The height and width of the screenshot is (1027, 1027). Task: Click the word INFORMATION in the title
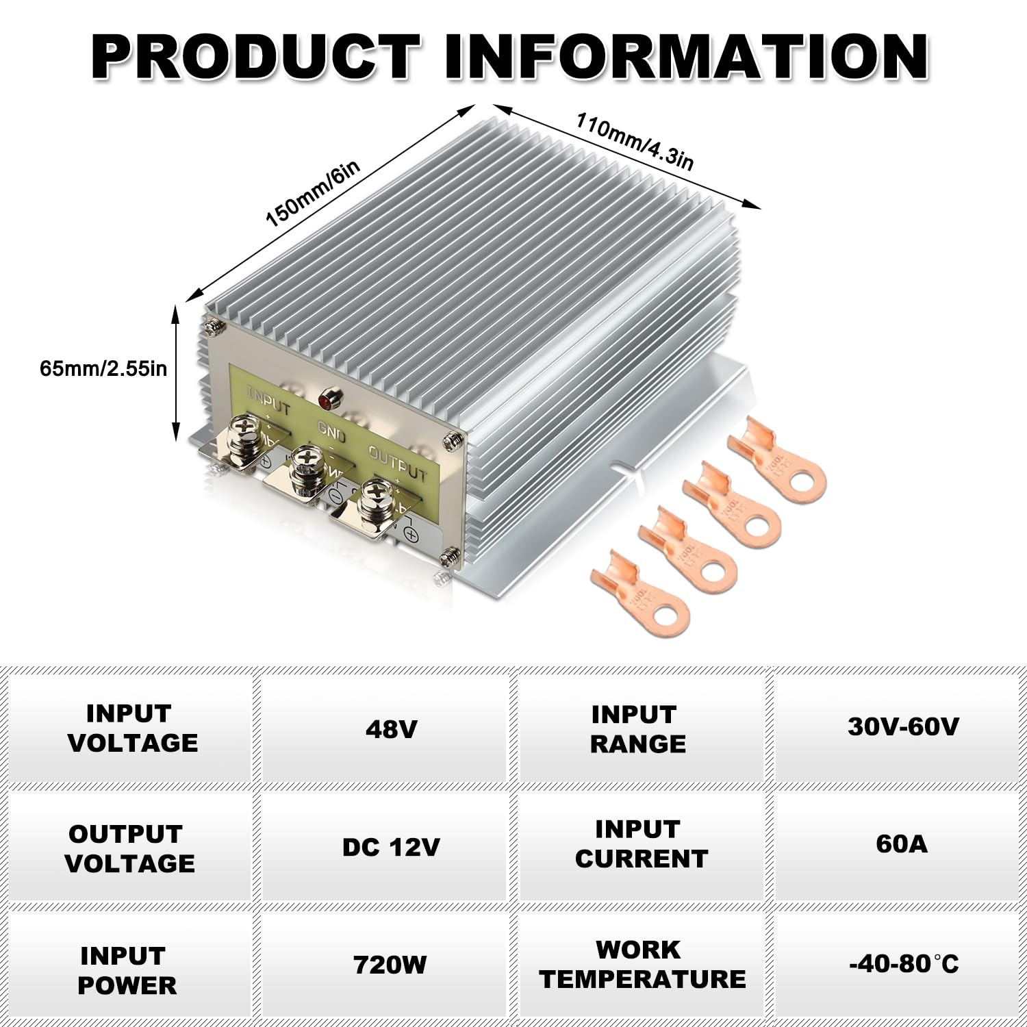click(687, 57)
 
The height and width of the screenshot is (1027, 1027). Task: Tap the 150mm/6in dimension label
click(312, 194)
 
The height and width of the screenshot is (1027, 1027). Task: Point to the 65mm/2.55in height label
click(103, 368)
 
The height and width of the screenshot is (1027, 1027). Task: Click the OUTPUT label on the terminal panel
click(397, 463)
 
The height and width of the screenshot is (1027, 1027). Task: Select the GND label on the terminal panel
click(331, 433)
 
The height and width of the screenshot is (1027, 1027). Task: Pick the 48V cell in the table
click(391, 729)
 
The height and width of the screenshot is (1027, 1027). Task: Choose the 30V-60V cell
click(903, 726)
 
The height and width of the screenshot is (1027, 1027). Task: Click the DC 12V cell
click(390, 848)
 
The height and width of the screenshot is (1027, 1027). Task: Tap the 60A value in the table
click(902, 844)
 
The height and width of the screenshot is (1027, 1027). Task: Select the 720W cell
click(390, 965)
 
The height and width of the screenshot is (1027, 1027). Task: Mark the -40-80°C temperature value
click(903, 964)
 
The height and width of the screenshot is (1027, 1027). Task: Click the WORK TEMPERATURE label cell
click(642, 964)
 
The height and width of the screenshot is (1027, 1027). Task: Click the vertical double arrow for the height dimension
click(176, 374)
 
